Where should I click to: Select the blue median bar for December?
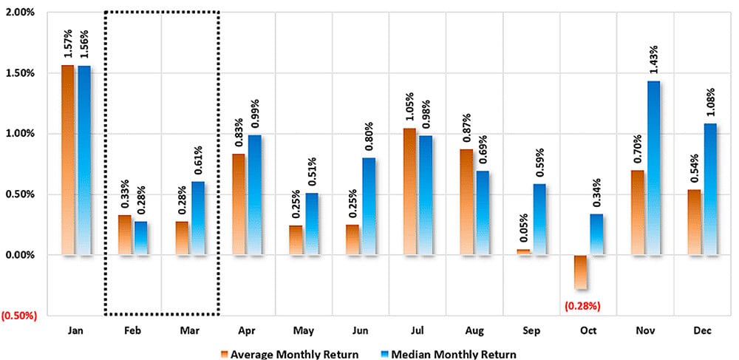[x=709, y=189]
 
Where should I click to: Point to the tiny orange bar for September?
[x=524, y=253]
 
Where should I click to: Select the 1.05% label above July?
[x=408, y=106]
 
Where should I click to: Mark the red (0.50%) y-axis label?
[x=19, y=316]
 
